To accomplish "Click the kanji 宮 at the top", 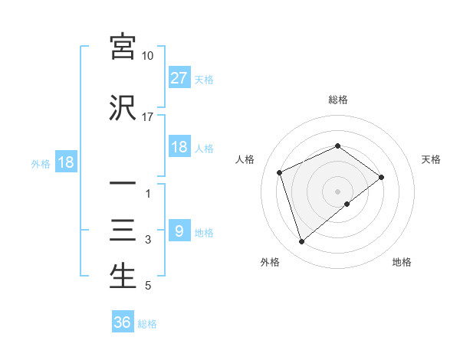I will click(123, 47).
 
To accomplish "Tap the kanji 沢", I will click(123, 108).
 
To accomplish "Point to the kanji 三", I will click(123, 231).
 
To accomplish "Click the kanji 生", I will click(123, 277).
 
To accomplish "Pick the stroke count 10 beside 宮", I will click(148, 56).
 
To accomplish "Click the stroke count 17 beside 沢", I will click(148, 117).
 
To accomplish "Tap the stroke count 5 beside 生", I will click(148, 286).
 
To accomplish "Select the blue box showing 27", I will click(179, 77).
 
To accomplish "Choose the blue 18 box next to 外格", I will click(65, 163).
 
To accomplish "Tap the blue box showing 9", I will click(179, 231).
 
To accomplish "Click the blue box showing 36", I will click(123, 322).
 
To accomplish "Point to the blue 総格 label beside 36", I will click(147, 324).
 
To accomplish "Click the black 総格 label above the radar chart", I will click(338, 100).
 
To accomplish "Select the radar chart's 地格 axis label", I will click(402, 262).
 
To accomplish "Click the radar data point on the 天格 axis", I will click(381, 178).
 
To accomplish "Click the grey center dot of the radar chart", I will click(338, 191).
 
